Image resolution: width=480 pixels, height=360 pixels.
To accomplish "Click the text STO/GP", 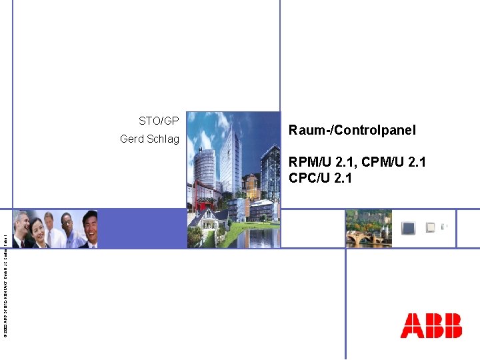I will [x=159, y=121].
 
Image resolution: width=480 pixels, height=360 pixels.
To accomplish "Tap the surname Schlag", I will [x=164, y=139].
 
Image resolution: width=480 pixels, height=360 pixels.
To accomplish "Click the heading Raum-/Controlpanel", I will [x=352, y=130].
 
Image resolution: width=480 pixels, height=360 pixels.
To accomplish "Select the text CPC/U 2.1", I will [x=320, y=178].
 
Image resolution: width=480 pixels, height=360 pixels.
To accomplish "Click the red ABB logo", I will [x=431, y=325].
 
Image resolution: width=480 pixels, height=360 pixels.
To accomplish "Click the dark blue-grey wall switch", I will [x=408, y=228].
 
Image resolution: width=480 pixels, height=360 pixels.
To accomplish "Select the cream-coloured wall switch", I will [x=431, y=227].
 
